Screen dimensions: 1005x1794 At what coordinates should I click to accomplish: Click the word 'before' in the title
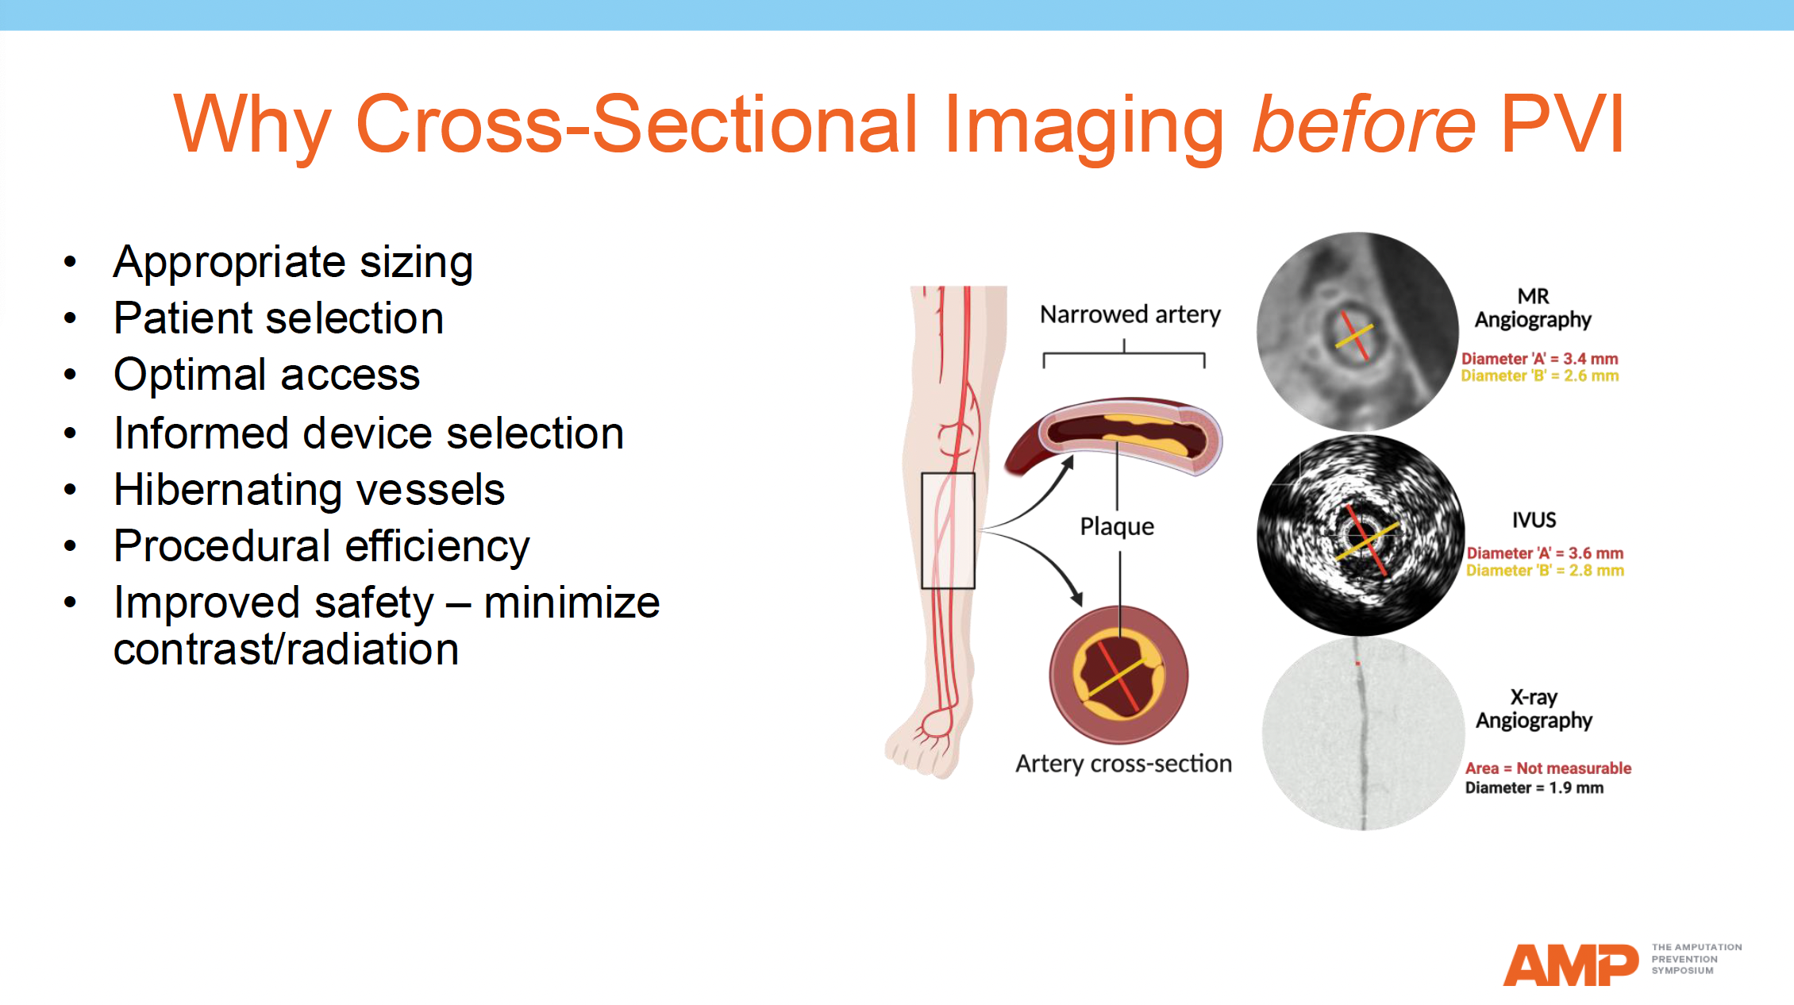coord(1363,125)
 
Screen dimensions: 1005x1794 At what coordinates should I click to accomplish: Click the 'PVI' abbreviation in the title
coord(1561,125)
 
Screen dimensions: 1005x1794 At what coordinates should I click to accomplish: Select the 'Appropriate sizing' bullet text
coord(293,262)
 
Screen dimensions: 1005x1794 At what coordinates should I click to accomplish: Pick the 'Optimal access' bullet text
coord(267,375)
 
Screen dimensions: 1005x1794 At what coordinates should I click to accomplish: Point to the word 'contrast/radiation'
coord(286,649)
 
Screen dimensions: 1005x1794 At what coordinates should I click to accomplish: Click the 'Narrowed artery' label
coord(1130,314)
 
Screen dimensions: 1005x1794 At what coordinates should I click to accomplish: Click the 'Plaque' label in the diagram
coord(1116,526)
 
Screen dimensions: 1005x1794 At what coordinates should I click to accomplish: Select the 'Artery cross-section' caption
coord(1123,764)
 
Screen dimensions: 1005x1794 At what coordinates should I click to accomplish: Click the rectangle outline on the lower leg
coord(948,530)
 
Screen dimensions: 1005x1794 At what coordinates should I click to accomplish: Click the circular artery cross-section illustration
coord(1118,675)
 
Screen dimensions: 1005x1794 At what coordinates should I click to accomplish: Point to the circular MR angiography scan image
coord(1357,332)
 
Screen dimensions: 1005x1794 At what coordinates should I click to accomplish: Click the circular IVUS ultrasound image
coord(1360,536)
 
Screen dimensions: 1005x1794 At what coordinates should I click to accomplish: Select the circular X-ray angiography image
coord(1363,734)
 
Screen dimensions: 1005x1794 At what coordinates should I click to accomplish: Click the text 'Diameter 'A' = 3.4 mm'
coord(1539,359)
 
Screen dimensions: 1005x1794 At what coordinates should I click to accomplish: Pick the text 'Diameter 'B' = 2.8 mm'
coord(1544,571)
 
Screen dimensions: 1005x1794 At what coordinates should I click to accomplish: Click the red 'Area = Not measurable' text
coord(1547,768)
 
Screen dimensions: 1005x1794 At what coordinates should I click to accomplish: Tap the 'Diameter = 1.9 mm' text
coord(1534,788)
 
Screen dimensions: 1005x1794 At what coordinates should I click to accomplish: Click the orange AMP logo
coord(1569,965)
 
